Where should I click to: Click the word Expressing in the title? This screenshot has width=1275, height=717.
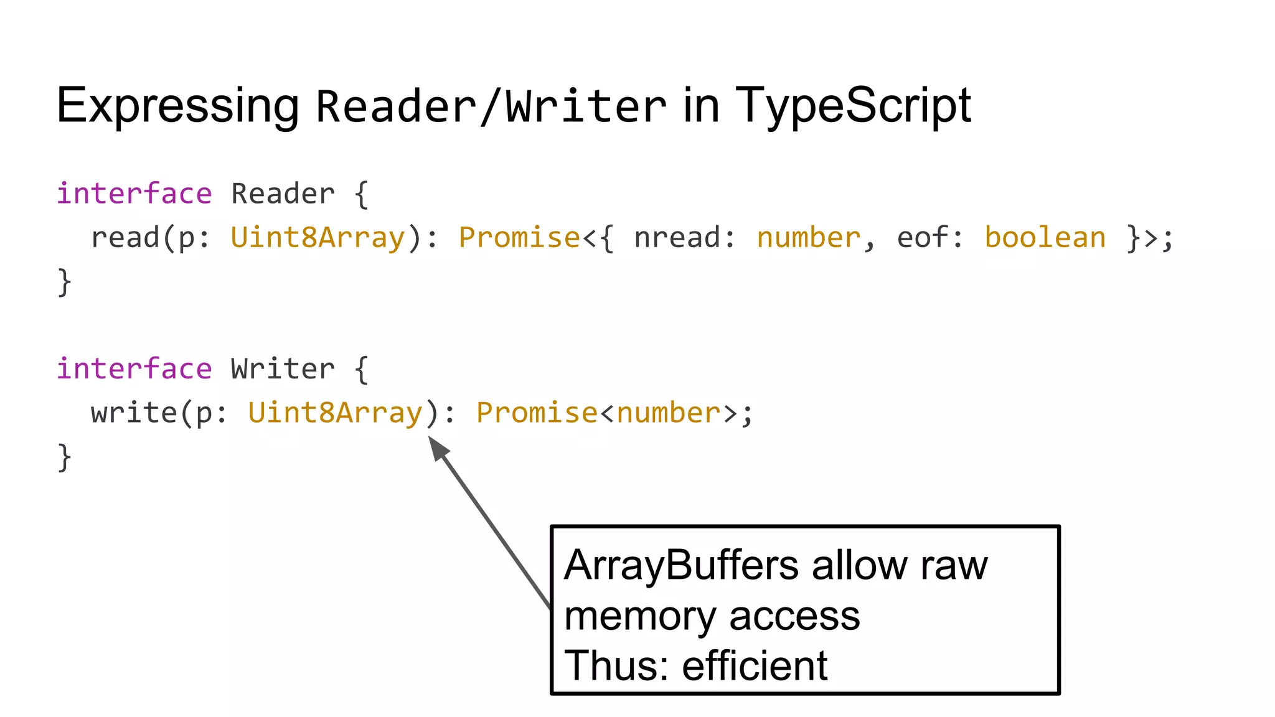pyautogui.click(x=177, y=106)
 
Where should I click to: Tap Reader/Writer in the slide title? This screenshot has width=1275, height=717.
pyautogui.click(x=491, y=107)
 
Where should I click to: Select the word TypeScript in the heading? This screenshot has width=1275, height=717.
pyautogui.click(x=853, y=106)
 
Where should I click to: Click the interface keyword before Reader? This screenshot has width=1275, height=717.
pyautogui.click(x=134, y=194)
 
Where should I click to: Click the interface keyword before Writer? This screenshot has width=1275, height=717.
pyautogui.click(x=134, y=368)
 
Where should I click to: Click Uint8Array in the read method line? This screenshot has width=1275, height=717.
pyautogui.click(x=318, y=238)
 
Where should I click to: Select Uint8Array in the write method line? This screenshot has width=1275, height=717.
pyautogui.click(x=336, y=413)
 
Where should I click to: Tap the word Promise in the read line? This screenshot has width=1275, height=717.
pyautogui.click(x=519, y=238)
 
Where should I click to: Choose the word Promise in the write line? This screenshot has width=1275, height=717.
pyautogui.click(x=537, y=413)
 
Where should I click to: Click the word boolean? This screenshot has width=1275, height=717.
pyautogui.click(x=1045, y=238)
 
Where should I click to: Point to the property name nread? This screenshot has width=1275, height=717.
pyautogui.click(x=677, y=238)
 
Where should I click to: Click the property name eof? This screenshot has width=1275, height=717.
pyautogui.click(x=923, y=238)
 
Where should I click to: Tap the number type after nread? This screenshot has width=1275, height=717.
pyautogui.click(x=808, y=238)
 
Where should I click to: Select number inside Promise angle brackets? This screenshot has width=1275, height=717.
pyautogui.click(x=668, y=413)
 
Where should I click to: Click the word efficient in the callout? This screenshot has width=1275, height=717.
pyautogui.click(x=755, y=666)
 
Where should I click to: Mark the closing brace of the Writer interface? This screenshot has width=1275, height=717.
pyautogui.click(x=64, y=457)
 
